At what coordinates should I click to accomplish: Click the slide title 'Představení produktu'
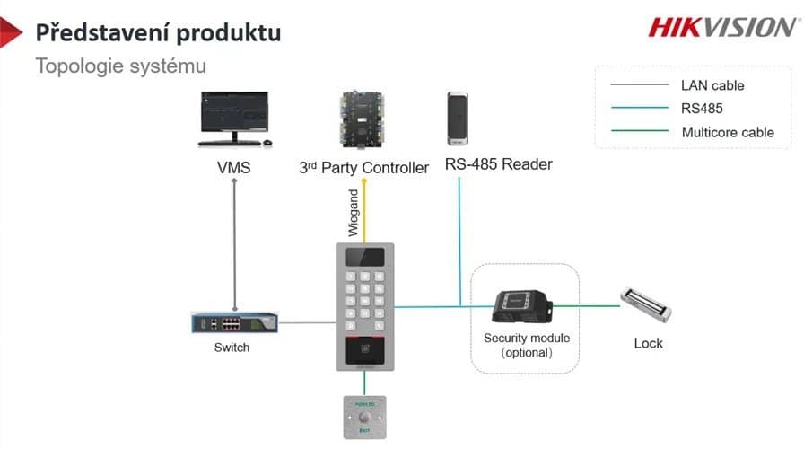pyautogui.click(x=158, y=33)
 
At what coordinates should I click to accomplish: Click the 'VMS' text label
pyautogui.click(x=233, y=167)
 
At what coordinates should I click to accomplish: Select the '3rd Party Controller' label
pyautogui.click(x=363, y=167)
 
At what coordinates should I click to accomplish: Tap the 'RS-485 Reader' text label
pyautogui.click(x=499, y=164)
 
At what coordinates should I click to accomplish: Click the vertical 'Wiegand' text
pyautogui.click(x=354, y=213)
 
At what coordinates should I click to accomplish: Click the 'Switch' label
pyautogui.click(x=232, y=348)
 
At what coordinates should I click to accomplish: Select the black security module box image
pyautogui.click(x=520, y=306)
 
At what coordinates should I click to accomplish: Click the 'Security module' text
pyautogui.click(x=527, y=339)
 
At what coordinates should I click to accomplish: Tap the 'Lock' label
pyautogui.click(x=648, y=343)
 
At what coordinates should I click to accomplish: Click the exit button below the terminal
pyautogui.click(x=363, y=416)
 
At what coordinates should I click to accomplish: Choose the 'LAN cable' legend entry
pyautogui.click(x=712, y=86)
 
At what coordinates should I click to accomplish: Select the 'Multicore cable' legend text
pyautogui.click(x=727, y=132)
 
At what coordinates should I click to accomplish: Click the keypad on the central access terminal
pyautogui.click(x=363, y=300)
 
